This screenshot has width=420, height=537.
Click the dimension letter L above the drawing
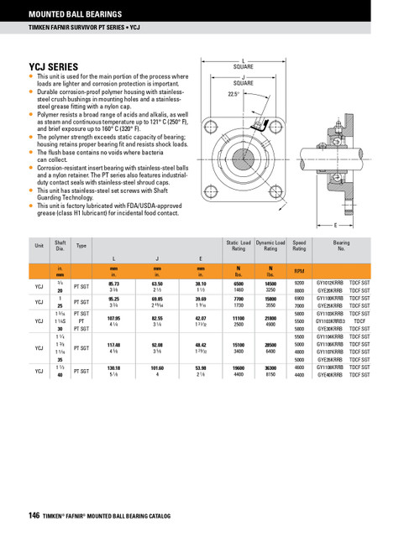click(x=244, y=63)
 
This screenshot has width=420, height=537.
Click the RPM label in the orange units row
click(x=299, y=272)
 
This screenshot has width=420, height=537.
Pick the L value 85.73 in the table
click(x=114, y=284)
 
